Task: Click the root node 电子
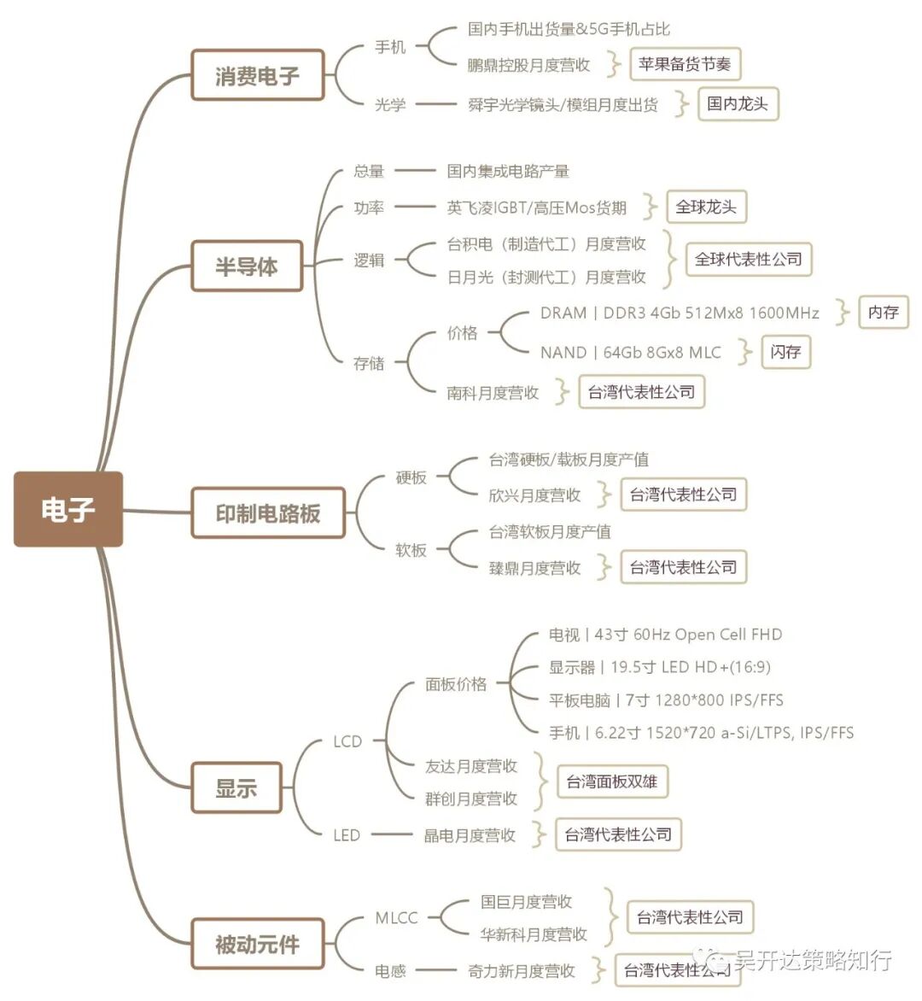point(67,509)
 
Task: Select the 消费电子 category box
point(257,75)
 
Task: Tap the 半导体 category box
point(247,266)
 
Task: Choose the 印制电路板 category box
point(268,512)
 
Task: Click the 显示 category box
point(236,787)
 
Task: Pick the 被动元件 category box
point(257,944)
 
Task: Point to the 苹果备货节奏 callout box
point(685,64)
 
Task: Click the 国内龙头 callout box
point(738,104)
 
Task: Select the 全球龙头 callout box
point(705,207)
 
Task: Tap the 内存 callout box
point(883,313)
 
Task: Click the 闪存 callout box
point(785,352)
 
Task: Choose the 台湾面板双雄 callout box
point(611,781)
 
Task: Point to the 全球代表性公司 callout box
point(748,260)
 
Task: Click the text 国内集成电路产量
point(508,171)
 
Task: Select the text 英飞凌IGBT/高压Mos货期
point(536,208)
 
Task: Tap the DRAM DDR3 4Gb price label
point(679,313)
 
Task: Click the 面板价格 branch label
point(456,683)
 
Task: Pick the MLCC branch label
point(396,918)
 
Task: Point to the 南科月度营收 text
point(493,393)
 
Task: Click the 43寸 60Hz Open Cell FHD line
point(665,635)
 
